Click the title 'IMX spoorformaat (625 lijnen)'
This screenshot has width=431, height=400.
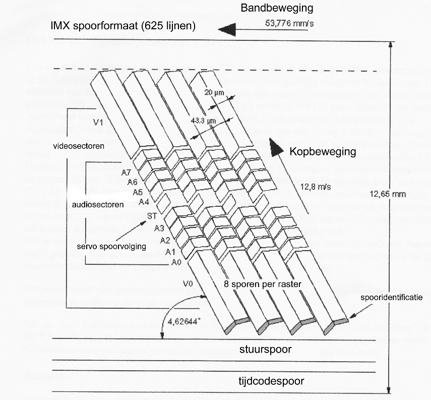(x=123, y=26)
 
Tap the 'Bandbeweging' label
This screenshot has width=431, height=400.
(x=277, y=8)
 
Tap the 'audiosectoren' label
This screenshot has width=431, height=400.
(x=94, y=206)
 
